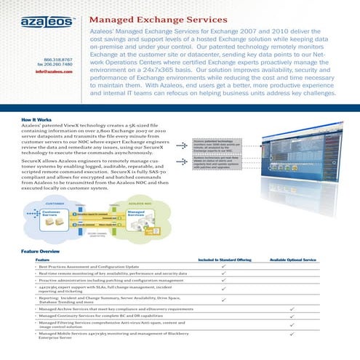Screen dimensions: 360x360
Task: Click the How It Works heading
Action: pos(36,118)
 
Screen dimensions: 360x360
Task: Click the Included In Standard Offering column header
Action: pos(225,260)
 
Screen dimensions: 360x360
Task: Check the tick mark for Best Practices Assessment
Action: pos(224,267)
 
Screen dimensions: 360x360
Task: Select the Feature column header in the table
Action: pos(42,260)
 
